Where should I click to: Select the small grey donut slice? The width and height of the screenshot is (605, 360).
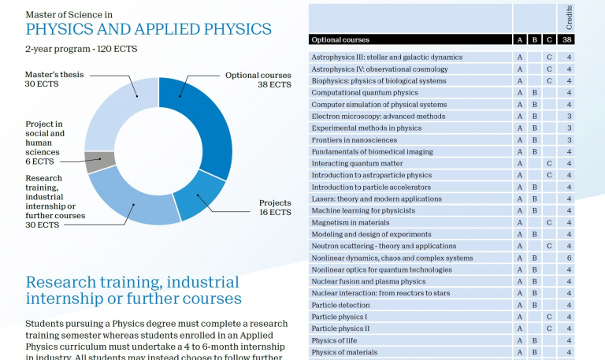pos(100,161)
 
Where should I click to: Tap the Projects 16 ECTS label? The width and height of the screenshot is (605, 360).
pos(275,208)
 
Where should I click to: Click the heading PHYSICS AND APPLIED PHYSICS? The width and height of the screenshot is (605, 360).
pos(148,30)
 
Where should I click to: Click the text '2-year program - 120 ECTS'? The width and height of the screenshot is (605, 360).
pos(81,49)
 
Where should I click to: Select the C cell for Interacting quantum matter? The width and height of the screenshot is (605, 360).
pos(550,163)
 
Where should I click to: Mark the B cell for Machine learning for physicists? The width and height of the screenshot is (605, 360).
pos(534,210)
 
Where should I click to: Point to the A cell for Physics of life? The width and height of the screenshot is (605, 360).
pos(520,340)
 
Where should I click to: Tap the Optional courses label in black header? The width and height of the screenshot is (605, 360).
pos(340,39)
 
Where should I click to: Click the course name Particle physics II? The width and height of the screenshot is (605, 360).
pos(340,328)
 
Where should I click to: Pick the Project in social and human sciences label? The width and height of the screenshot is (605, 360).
pos(45,143)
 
